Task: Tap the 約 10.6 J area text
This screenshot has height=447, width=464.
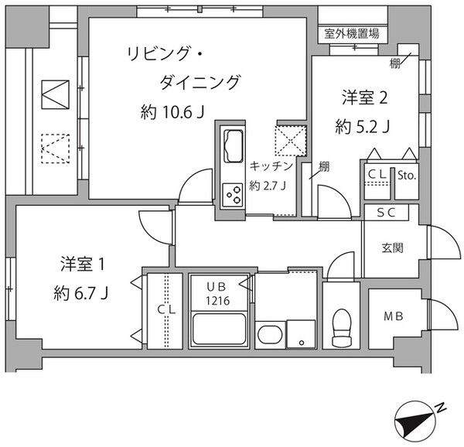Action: pyautogui.click(x=172, y=113)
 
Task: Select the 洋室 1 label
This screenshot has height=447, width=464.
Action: pyautogui.click(x=82, y=265)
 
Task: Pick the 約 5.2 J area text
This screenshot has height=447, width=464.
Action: pyautogui.click(x=362, y=127)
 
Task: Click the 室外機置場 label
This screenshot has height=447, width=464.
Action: pyautogui.click(x=352, y=33)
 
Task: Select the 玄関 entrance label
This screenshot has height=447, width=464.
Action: pyautogui.click(x=392, y=248)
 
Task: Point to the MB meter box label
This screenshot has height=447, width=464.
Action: pyautogui.click(x=394, y=316)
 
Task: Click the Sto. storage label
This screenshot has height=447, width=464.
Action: pyautogui.click(x=407, y=176)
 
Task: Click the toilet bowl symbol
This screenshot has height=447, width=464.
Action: pyautogui.click(x=340, y=328)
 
